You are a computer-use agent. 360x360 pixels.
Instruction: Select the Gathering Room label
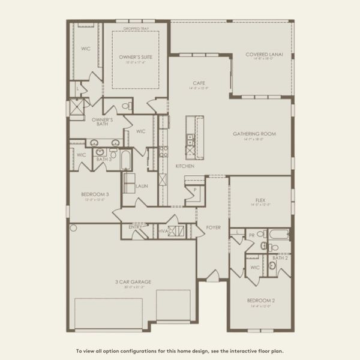click(x=254, y=134)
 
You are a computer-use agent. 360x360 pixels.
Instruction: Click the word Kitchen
click(x=184, y=166)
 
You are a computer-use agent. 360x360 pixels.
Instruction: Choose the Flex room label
click(x=260, y=200)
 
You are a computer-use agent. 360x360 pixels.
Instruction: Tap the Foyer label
click(x=214, y=227)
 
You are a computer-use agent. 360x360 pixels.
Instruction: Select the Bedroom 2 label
click(x=260, y=300)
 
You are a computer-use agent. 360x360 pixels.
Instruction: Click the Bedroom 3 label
click(x=95, y=194)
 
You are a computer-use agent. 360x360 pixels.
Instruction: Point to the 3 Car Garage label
click(x=133, y=281)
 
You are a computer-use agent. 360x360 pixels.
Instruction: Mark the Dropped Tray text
click(x=135, y=28)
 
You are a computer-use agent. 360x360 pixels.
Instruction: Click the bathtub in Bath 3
click(x=126, y=160)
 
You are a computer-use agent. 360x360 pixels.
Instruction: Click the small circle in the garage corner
click(x=74, y=228)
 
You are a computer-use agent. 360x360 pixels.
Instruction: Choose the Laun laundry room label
click(x=142, y=186)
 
